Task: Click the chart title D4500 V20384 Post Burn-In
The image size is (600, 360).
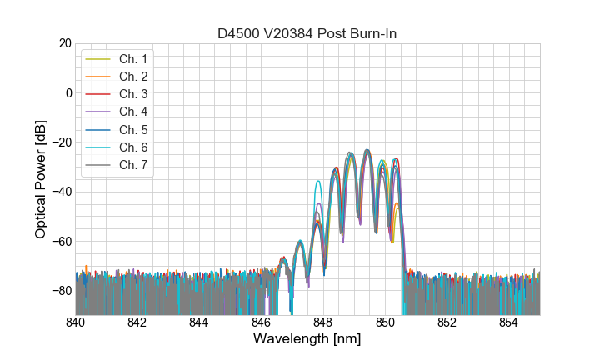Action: click(x=307, y=33)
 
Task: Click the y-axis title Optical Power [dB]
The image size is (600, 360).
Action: click(x=41, y=178)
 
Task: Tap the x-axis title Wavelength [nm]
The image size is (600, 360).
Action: click(x=307, y=340)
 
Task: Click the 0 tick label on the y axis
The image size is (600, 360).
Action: click(x=68, y=92)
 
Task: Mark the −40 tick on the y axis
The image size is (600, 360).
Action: click(x=62, y=192)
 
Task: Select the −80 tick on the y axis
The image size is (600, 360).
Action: click(x=62, y=290)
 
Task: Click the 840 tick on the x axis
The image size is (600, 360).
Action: click(x=76, y=322)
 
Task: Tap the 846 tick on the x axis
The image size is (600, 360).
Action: click(x=262, y=322)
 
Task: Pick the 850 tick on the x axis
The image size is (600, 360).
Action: click(x=385, y=322)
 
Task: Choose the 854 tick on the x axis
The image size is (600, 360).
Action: click(x=509, y=322)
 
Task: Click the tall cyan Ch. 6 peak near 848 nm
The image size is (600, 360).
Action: click(x=317, y=181)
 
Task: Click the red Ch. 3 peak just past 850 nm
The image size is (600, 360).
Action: click(x=397, y=158)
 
